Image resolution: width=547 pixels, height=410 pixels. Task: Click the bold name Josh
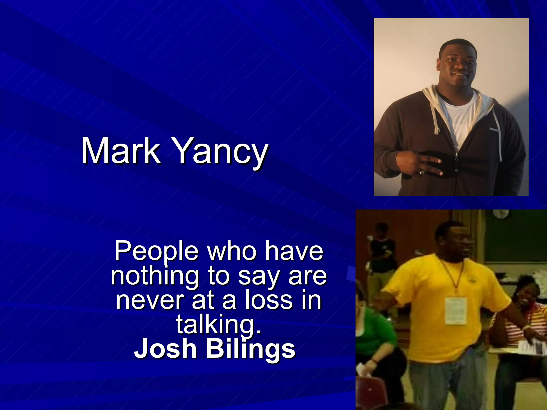pyautogui.click(x=165, y=349)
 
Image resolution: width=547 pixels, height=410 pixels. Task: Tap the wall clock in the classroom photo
pyautogui.click(x=501, y=214)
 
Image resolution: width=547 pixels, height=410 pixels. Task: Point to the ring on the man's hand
pyautogui.click(x=421, y=172)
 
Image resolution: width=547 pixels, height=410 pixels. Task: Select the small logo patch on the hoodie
pyautogui.click(x=493, y=130)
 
